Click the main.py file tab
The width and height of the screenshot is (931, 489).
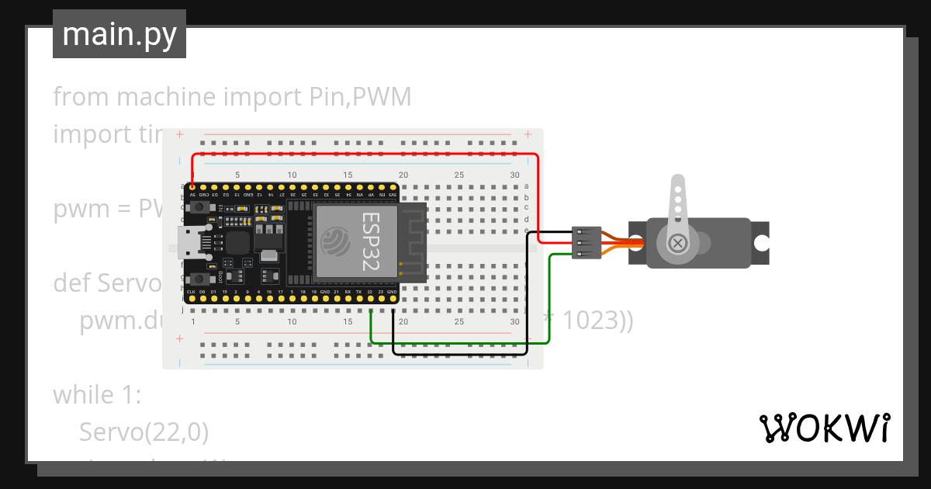(x=119, y=34)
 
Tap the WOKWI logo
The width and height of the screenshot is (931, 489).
(x=824, y=428)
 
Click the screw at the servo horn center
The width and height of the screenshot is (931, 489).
(x=679, y=243)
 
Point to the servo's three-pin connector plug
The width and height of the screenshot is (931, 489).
(x=587, y=242)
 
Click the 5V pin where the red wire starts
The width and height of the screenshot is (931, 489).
(x=192, y=188)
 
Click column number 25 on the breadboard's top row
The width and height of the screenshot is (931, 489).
(x=459, y=175)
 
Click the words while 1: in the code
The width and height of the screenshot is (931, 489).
(x=96, y=395)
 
